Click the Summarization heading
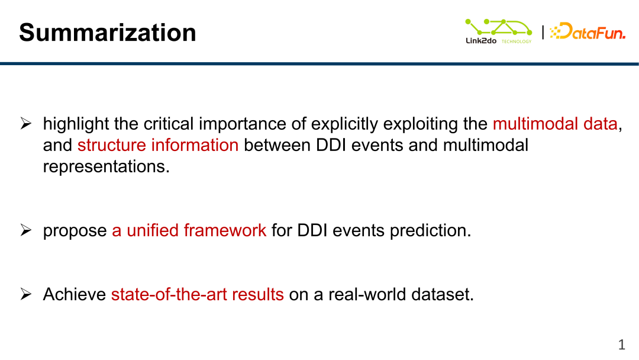tap(108, 32)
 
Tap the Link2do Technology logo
tap(498, 31)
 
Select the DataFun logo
tap(588, 31)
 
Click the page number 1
tap(621, 345)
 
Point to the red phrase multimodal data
tap(555, 124)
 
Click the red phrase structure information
tap(158, 145)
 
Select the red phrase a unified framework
tap(189, 230)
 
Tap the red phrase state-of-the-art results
tap(197, 294)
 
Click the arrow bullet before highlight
tap(25, 123)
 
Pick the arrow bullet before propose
tap(25, 230)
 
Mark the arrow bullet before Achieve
tap(25, 294)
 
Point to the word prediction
tap(430, 230)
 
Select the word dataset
tap(442, 294)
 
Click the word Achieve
tap(75, 294)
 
